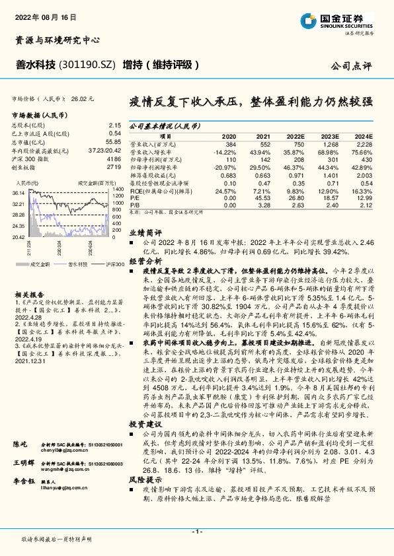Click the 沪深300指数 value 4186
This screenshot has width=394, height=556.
(113, 160)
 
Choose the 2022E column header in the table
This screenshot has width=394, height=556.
(294, 135)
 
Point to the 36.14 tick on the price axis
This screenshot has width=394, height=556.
(18, 191)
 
